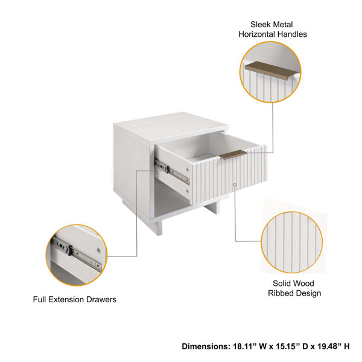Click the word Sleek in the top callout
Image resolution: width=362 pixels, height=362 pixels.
(262, 25)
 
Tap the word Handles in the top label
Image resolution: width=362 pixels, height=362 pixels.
(291, 34)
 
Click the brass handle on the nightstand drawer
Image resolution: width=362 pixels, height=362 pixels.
(232, 154)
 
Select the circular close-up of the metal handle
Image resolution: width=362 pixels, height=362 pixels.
(272, 72)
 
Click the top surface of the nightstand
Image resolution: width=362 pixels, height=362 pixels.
(169, 129)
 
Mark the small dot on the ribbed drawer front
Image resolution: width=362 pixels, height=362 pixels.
(234, 183)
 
